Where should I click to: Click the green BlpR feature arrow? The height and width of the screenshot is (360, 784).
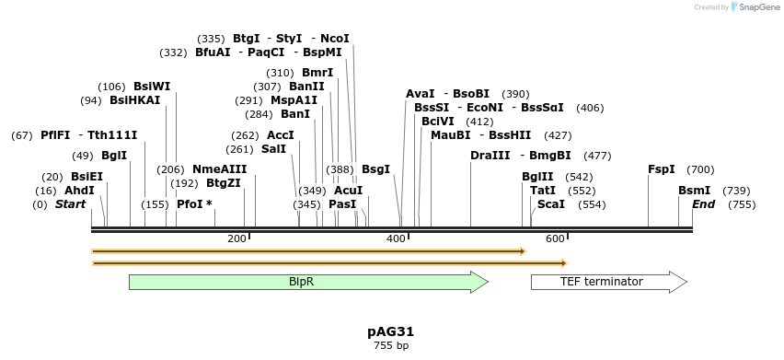coord(308,282)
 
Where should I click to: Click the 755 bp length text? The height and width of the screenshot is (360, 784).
coord(391,346)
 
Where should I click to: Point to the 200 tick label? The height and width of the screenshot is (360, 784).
coord(236,239)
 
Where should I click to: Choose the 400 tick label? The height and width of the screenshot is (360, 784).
coord(396,239)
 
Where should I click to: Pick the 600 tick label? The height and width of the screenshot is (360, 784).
coord(555,239)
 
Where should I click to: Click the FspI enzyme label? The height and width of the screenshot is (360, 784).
coord(662,169)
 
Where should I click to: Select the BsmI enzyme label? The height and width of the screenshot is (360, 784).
coord(694,190)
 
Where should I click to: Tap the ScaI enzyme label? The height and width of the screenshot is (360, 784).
coord(550,203)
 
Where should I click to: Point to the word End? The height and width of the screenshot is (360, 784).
coord(703,203)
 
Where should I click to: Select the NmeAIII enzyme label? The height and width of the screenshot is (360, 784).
coord(219,169)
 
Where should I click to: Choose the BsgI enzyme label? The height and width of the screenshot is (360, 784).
coord(375,169)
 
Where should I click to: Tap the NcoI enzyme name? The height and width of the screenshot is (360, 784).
coord(335,39)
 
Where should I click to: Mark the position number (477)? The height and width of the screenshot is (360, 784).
coord(597,156)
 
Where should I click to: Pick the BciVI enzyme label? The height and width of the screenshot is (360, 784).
coord(437,122)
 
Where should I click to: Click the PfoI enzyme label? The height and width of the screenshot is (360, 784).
coord(194,203)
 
